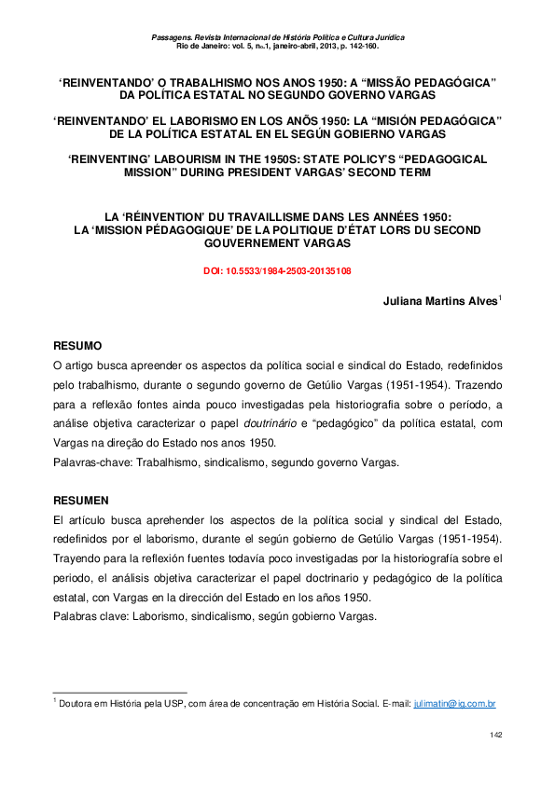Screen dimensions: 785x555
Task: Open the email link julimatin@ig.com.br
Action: [454, 703]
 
